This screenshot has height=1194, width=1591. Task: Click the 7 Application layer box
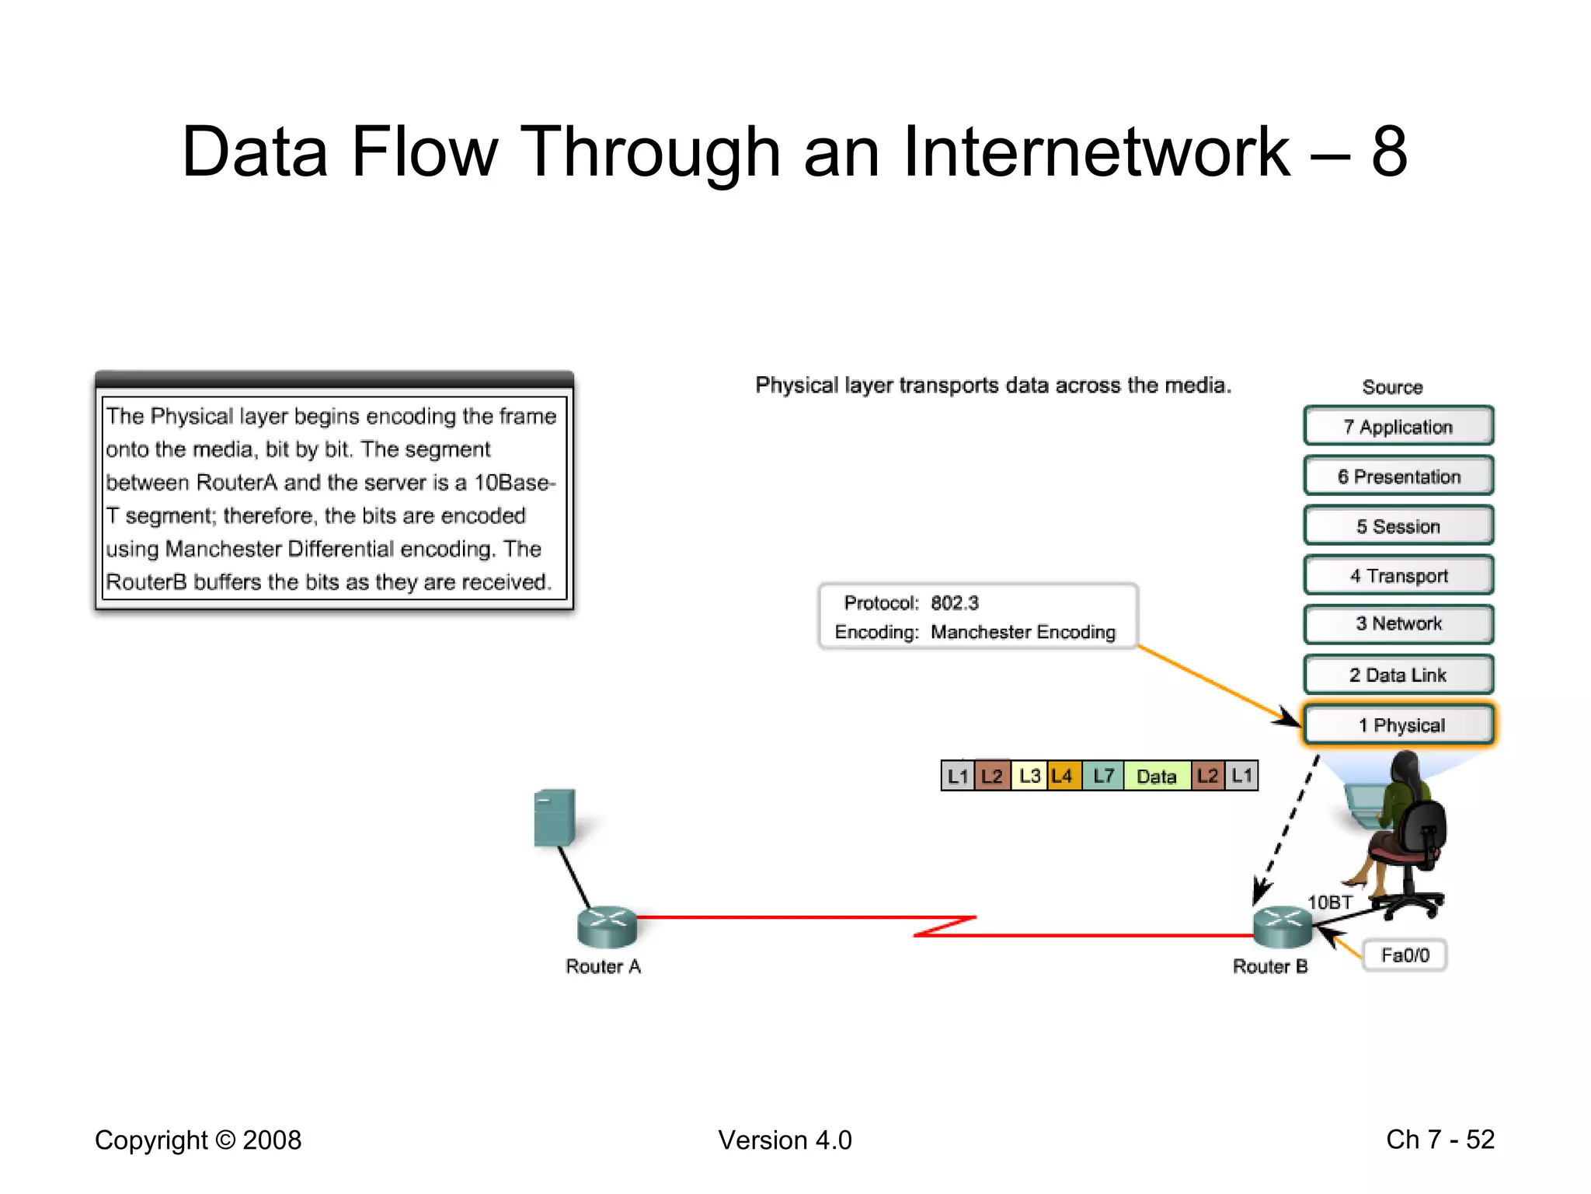pyautogui.click(x=1398, y=427)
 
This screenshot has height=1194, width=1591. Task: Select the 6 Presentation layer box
pyautogui.click(x=1398, y=477)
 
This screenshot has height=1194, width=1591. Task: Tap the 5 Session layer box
pyautogui.click(x=1398, y=526)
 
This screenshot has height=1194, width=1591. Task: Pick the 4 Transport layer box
pyautogui.click(x=1398, y=576)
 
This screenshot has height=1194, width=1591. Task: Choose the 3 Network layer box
pyautogui.click(x=1398, y=624)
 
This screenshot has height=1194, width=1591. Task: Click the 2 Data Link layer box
pyautogui.click(x=1398, y=675)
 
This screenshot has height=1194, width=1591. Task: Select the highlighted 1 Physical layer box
pyautogui.click(x=1398, y=725)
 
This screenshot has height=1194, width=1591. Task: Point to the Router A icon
pyautogui.click(x=607, y=927)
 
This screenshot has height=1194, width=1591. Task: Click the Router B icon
pyautogui.click(x=1283, y=927)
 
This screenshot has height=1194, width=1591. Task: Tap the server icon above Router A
pyautogui.click(x=555, y=818)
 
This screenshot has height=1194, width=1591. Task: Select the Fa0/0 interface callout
pyautogui.click(x=1405, y=955)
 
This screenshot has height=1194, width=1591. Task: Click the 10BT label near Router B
pyautogui.click(x=1330, y=902)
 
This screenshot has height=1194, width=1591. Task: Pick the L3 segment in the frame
pyautogui.click(x=1029, y=776)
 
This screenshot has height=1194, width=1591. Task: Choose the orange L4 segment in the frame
pyautogui.click(x=1063, y=776)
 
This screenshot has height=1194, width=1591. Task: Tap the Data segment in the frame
pyautogui.click(x=1156, y=776)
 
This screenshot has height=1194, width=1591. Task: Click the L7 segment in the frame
pyautogui.click(x=1103, y=776)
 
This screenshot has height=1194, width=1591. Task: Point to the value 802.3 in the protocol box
pyautogui.click(x=955, y=603)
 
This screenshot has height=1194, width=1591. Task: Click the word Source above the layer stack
pyautogui.click(x=1392, y=387)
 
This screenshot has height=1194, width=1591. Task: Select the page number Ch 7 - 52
pyautogui.click(x=1440, y=1140)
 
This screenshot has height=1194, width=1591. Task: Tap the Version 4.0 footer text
pyautogui.click(x=785, y=1140)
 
